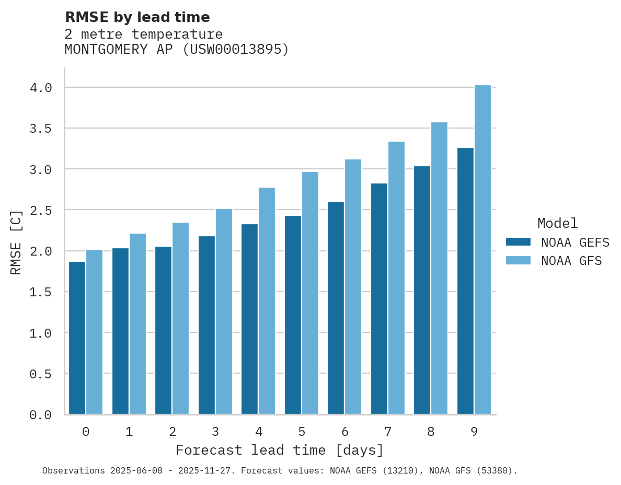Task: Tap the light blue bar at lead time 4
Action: point(267,301)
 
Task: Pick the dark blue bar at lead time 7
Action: point(379,298)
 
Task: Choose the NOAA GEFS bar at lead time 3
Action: point(206,325)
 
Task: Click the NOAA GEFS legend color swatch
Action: point(518,242)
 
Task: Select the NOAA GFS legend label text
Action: point(571,261)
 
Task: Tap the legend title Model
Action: point(557,223)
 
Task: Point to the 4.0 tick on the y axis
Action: point(41,88)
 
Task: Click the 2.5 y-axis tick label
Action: point(41,210)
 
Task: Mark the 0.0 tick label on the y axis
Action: point(41,415)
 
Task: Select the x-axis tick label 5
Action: point(302,432)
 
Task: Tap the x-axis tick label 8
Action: point(431,432)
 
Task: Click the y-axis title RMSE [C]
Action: point(16,241)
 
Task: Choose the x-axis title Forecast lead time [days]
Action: point(280,450)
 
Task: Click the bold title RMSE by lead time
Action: point(137,17)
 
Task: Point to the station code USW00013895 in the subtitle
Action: point(234,50)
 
